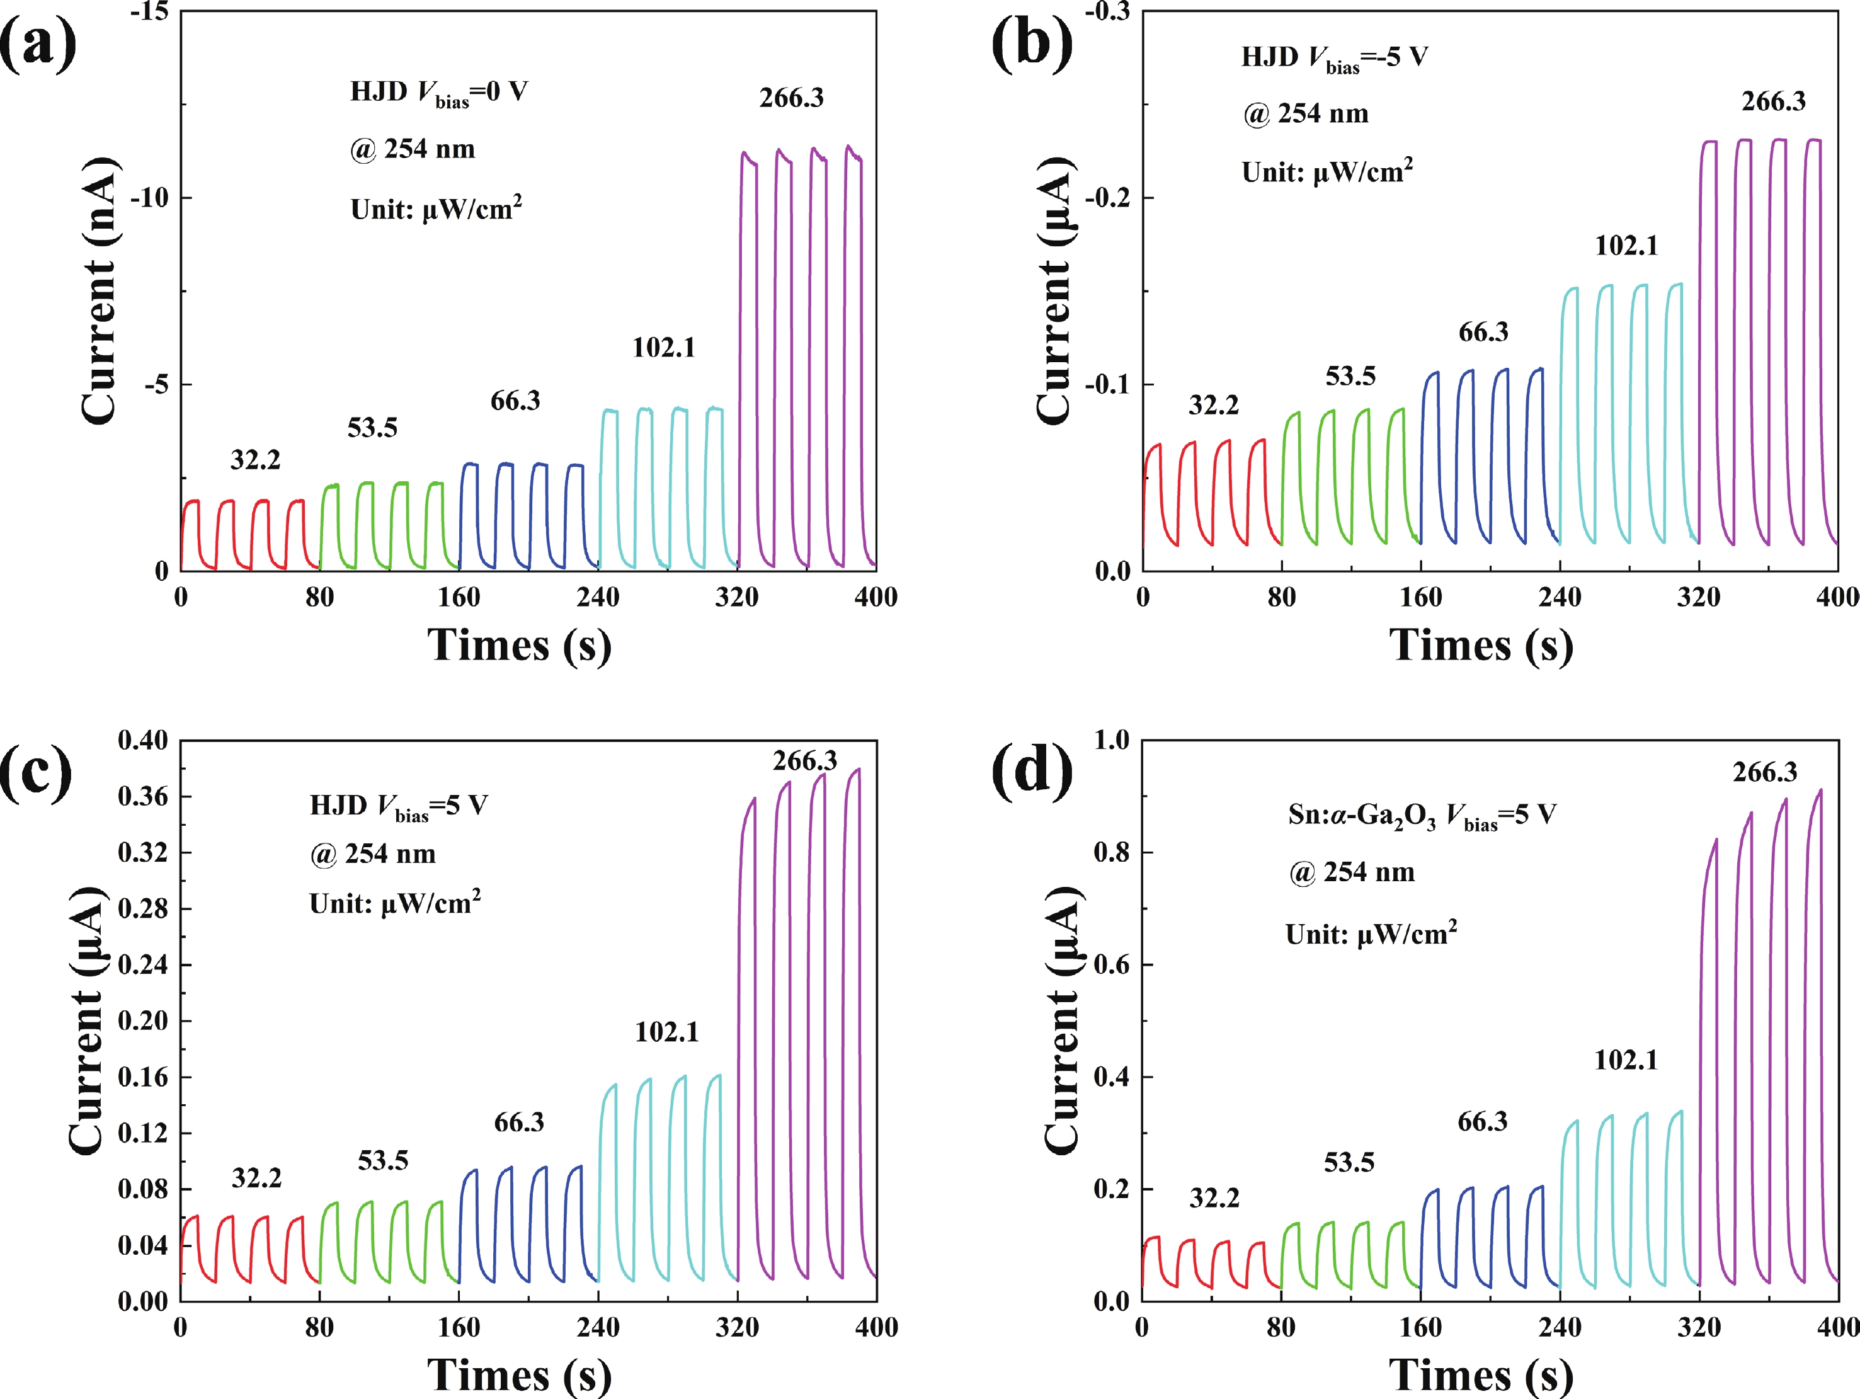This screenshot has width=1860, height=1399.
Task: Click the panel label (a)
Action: pos(38,43)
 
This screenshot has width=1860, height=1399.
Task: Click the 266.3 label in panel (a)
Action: pos(791,98)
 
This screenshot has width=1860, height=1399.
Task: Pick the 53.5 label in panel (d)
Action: pos(1349,1162)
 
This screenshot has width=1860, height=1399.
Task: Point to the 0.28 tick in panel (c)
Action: pos(143,909)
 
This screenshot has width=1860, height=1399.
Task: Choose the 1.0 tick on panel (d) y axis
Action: pos(1112,741)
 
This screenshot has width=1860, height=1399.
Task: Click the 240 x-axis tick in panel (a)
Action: pos(598,597)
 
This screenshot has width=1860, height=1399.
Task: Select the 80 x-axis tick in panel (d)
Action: pos(1281,1328)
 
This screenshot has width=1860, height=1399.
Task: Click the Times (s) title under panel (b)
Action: pos(1481,646)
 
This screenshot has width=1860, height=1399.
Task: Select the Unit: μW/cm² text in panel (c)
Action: pos(394,903)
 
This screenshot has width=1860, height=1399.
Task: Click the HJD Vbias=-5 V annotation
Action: pos(1335,58)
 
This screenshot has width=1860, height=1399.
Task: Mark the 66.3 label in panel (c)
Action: pos(519,1122)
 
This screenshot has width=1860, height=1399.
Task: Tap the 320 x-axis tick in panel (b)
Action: pos(1699,597)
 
